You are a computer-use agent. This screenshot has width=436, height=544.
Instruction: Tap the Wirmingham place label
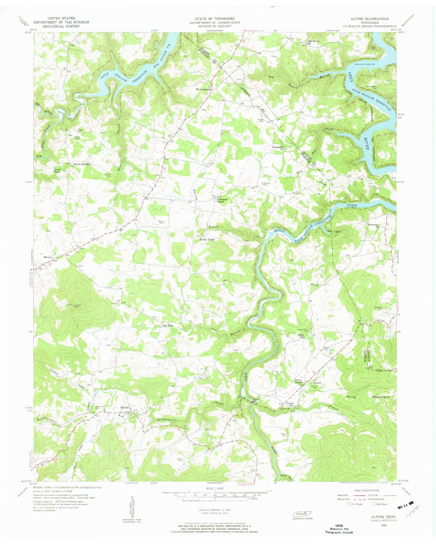(204, 89)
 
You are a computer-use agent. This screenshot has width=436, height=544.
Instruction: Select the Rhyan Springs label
(82, 164)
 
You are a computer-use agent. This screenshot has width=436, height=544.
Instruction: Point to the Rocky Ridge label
(207, 239)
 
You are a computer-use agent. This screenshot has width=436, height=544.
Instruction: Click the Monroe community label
(48, 257)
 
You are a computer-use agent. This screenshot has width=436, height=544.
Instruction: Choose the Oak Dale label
(168, 326)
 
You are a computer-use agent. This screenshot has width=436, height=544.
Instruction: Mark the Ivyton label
(316, 383)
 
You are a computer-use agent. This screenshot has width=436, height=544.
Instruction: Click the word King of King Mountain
(352, 397)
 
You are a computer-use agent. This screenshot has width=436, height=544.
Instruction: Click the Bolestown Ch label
(373, 225)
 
